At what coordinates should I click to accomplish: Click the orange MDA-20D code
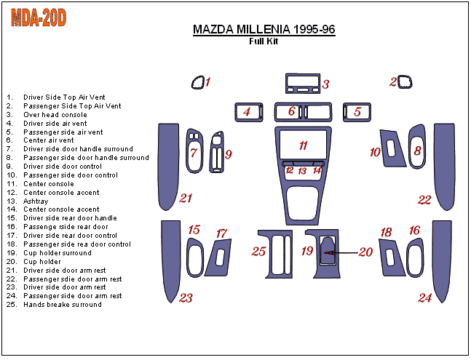tap(39, 17)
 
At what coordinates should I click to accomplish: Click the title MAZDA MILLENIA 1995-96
tap(264, 29)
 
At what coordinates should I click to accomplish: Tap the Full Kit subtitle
tap(264, 41)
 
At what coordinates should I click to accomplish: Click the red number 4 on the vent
tap(247, 111)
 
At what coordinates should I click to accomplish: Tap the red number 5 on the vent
tap(357, 111)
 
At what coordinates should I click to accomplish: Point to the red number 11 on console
tap(303, 145)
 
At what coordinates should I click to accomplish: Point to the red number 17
tap(222, 233)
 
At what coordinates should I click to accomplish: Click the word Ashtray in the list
tap(36, 201)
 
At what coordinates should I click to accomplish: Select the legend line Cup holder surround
tap(58, 253)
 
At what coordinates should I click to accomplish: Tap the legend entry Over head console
tap(55, 115)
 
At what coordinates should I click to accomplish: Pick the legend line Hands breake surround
tap(63, 305)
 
